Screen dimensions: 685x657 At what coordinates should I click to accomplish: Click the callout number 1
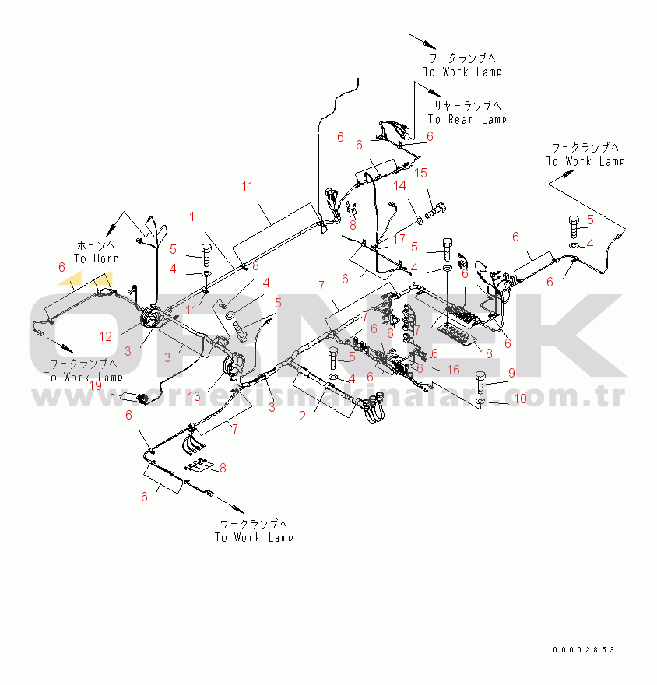tap(191, 215)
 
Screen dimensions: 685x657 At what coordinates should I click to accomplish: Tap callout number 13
tap(194, 397)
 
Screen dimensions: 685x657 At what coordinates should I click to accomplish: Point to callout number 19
tap(95, 385)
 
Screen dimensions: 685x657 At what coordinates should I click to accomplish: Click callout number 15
tap(420, 173)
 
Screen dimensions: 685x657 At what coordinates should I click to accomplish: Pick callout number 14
tap(399, 185)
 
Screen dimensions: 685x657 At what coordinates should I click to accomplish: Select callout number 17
tap(399, 237)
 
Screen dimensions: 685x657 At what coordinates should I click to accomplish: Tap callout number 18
tap(486, 353)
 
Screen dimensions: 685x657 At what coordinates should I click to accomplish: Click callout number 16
tap(453, 370)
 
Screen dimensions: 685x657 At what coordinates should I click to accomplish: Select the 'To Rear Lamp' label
tap(466, 119)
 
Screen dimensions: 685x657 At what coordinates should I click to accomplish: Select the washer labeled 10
tap(481, 402)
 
